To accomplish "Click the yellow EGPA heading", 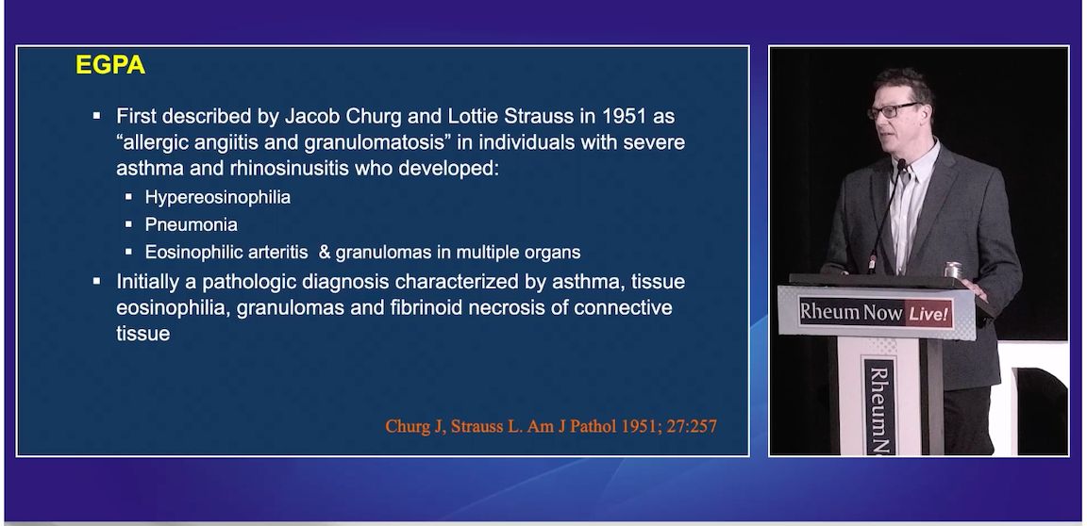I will (x=109, y=67).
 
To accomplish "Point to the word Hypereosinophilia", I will (x=217, y=198).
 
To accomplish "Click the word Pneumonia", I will (x=191, y=225).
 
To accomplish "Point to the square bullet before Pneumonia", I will (x=129, y=225).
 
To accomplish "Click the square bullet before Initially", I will (x=96, y=282).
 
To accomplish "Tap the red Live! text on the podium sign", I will (x=928, y=313).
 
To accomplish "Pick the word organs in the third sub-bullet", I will (x=552, y=253).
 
